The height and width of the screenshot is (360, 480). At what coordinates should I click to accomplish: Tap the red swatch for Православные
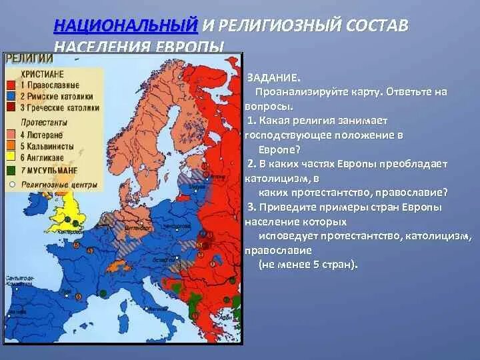[11, 85]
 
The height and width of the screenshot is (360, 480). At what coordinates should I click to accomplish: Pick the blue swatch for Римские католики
[11, 96]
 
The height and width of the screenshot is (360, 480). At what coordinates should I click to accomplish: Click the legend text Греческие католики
[64, 107]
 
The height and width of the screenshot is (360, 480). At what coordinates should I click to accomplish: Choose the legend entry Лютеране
[44, 135]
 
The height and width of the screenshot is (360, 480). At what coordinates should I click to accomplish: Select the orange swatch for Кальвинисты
[11, 146]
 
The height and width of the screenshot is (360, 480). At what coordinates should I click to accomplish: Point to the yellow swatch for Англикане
[11, 157]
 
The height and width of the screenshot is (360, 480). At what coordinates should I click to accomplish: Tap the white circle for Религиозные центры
[11, 183]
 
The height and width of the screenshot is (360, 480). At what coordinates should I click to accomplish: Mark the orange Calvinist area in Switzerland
[124, 266]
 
